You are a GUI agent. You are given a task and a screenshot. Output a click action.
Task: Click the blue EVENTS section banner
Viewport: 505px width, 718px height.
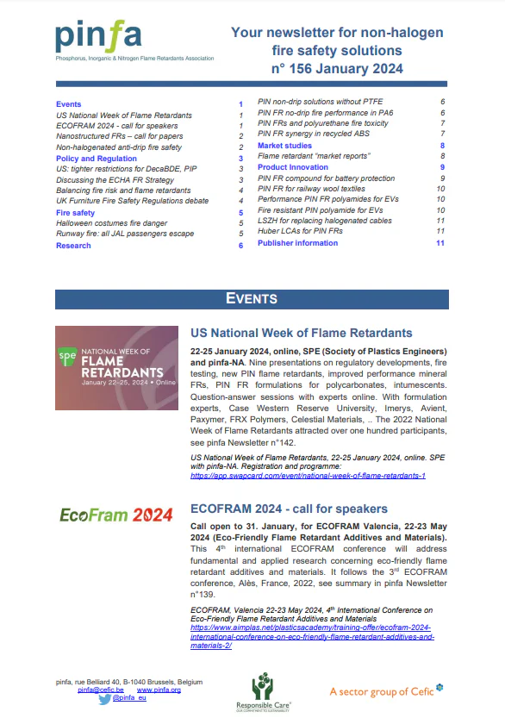click(x=252, y=298)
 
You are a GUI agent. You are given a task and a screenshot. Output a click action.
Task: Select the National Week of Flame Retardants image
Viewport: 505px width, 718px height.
click(x=115, y=368)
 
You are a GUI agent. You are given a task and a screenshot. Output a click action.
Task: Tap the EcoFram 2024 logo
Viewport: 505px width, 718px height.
click(x=116, y=515)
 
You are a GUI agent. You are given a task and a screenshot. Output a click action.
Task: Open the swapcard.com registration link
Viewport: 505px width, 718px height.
click(x=308, y=475)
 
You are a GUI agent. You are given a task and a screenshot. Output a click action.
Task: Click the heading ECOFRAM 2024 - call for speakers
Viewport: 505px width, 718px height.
click(x=289, y=509)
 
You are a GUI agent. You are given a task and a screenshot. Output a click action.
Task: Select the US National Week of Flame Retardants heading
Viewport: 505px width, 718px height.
click(x=301, y=333)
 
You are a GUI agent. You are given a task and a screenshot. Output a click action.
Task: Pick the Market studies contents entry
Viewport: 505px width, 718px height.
click(x=284, y=146)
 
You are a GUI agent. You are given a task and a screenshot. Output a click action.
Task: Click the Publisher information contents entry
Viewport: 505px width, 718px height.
click(x=297, y=243)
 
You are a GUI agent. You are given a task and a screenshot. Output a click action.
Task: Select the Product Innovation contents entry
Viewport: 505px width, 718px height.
click(x=292, y=167)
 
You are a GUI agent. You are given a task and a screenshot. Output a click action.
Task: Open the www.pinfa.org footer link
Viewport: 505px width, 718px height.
click(x=159, y=690)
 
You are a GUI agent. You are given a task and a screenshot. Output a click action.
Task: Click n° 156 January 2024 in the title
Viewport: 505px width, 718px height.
click(x=337, y=69)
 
